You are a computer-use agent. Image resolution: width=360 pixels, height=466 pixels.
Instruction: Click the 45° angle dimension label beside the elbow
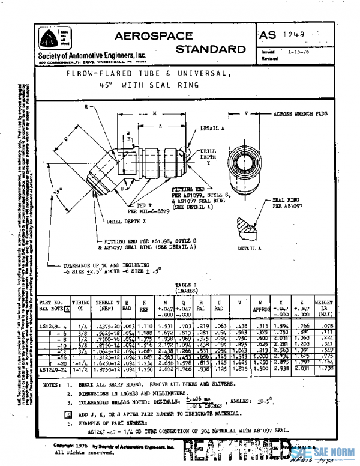tap(58, 190)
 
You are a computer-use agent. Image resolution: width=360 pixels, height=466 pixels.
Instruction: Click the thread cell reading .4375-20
tap(105, 325)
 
